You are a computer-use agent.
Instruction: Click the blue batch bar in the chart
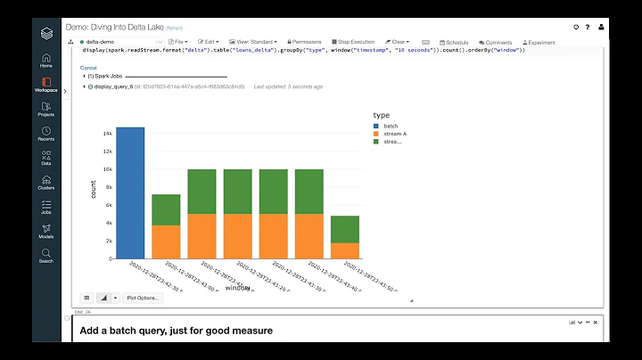130,192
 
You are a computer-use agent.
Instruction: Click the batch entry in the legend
390,126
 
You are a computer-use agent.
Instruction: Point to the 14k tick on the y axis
106,134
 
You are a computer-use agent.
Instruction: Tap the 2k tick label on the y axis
107,241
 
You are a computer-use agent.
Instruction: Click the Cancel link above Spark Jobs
88,68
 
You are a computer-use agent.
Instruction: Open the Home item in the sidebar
46,61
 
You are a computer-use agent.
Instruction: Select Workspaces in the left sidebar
46,85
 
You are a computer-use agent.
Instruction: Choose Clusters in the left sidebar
46,183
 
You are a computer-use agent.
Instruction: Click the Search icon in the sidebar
46,256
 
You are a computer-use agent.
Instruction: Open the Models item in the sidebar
46,232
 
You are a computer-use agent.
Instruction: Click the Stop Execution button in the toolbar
353,42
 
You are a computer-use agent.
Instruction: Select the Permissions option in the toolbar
303,42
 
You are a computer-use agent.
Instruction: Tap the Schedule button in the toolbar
453,42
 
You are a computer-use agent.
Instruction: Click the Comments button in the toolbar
496,42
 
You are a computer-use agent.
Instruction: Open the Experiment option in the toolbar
538,42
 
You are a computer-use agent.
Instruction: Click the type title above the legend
381,115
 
